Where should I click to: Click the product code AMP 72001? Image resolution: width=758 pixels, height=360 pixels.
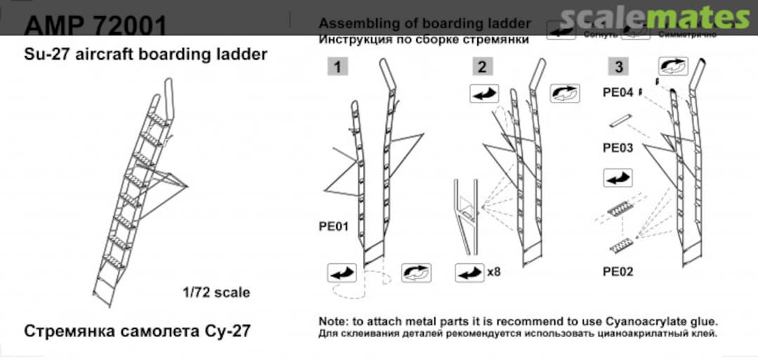click(95, 27)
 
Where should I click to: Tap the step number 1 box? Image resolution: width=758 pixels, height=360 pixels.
click(338, 67)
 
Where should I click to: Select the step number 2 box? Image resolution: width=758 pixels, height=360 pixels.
click(481, 67)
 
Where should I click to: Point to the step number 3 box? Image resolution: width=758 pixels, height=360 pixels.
click(618, 67)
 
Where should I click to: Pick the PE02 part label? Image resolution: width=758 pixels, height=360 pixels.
click(618, 271)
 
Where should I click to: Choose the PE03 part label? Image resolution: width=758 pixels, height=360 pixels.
click(618, 148)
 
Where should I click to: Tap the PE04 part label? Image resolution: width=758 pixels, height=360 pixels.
click(618, 93)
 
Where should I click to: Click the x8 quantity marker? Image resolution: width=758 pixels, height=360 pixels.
click(494, 271)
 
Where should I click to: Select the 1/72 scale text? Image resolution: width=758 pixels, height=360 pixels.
click(214, 292)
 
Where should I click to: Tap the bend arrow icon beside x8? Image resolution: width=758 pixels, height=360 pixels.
click(469, 272)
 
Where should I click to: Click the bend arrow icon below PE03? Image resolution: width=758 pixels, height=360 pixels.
click(618, 178)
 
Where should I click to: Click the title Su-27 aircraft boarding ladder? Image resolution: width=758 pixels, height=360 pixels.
click(145, 54)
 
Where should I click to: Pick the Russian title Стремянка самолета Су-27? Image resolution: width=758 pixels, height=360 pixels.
click(137, 330)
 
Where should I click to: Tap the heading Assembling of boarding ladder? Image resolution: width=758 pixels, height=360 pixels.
click(425, 24)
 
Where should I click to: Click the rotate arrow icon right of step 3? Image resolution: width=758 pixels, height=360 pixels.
click(672, 67)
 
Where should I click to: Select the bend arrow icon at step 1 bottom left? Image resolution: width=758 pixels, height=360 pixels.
click(342, 272)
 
